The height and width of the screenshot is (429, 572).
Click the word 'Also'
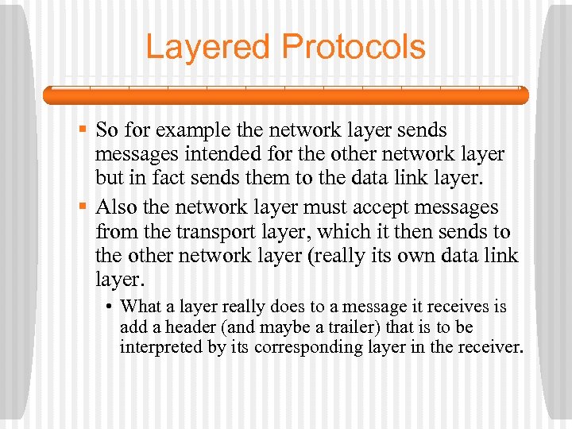[x=117, y=207]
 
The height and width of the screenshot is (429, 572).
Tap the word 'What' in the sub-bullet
[x=141, y=307]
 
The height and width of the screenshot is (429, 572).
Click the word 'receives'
[x=462, y=307]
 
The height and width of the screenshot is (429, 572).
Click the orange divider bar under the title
[x=285, y=95]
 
